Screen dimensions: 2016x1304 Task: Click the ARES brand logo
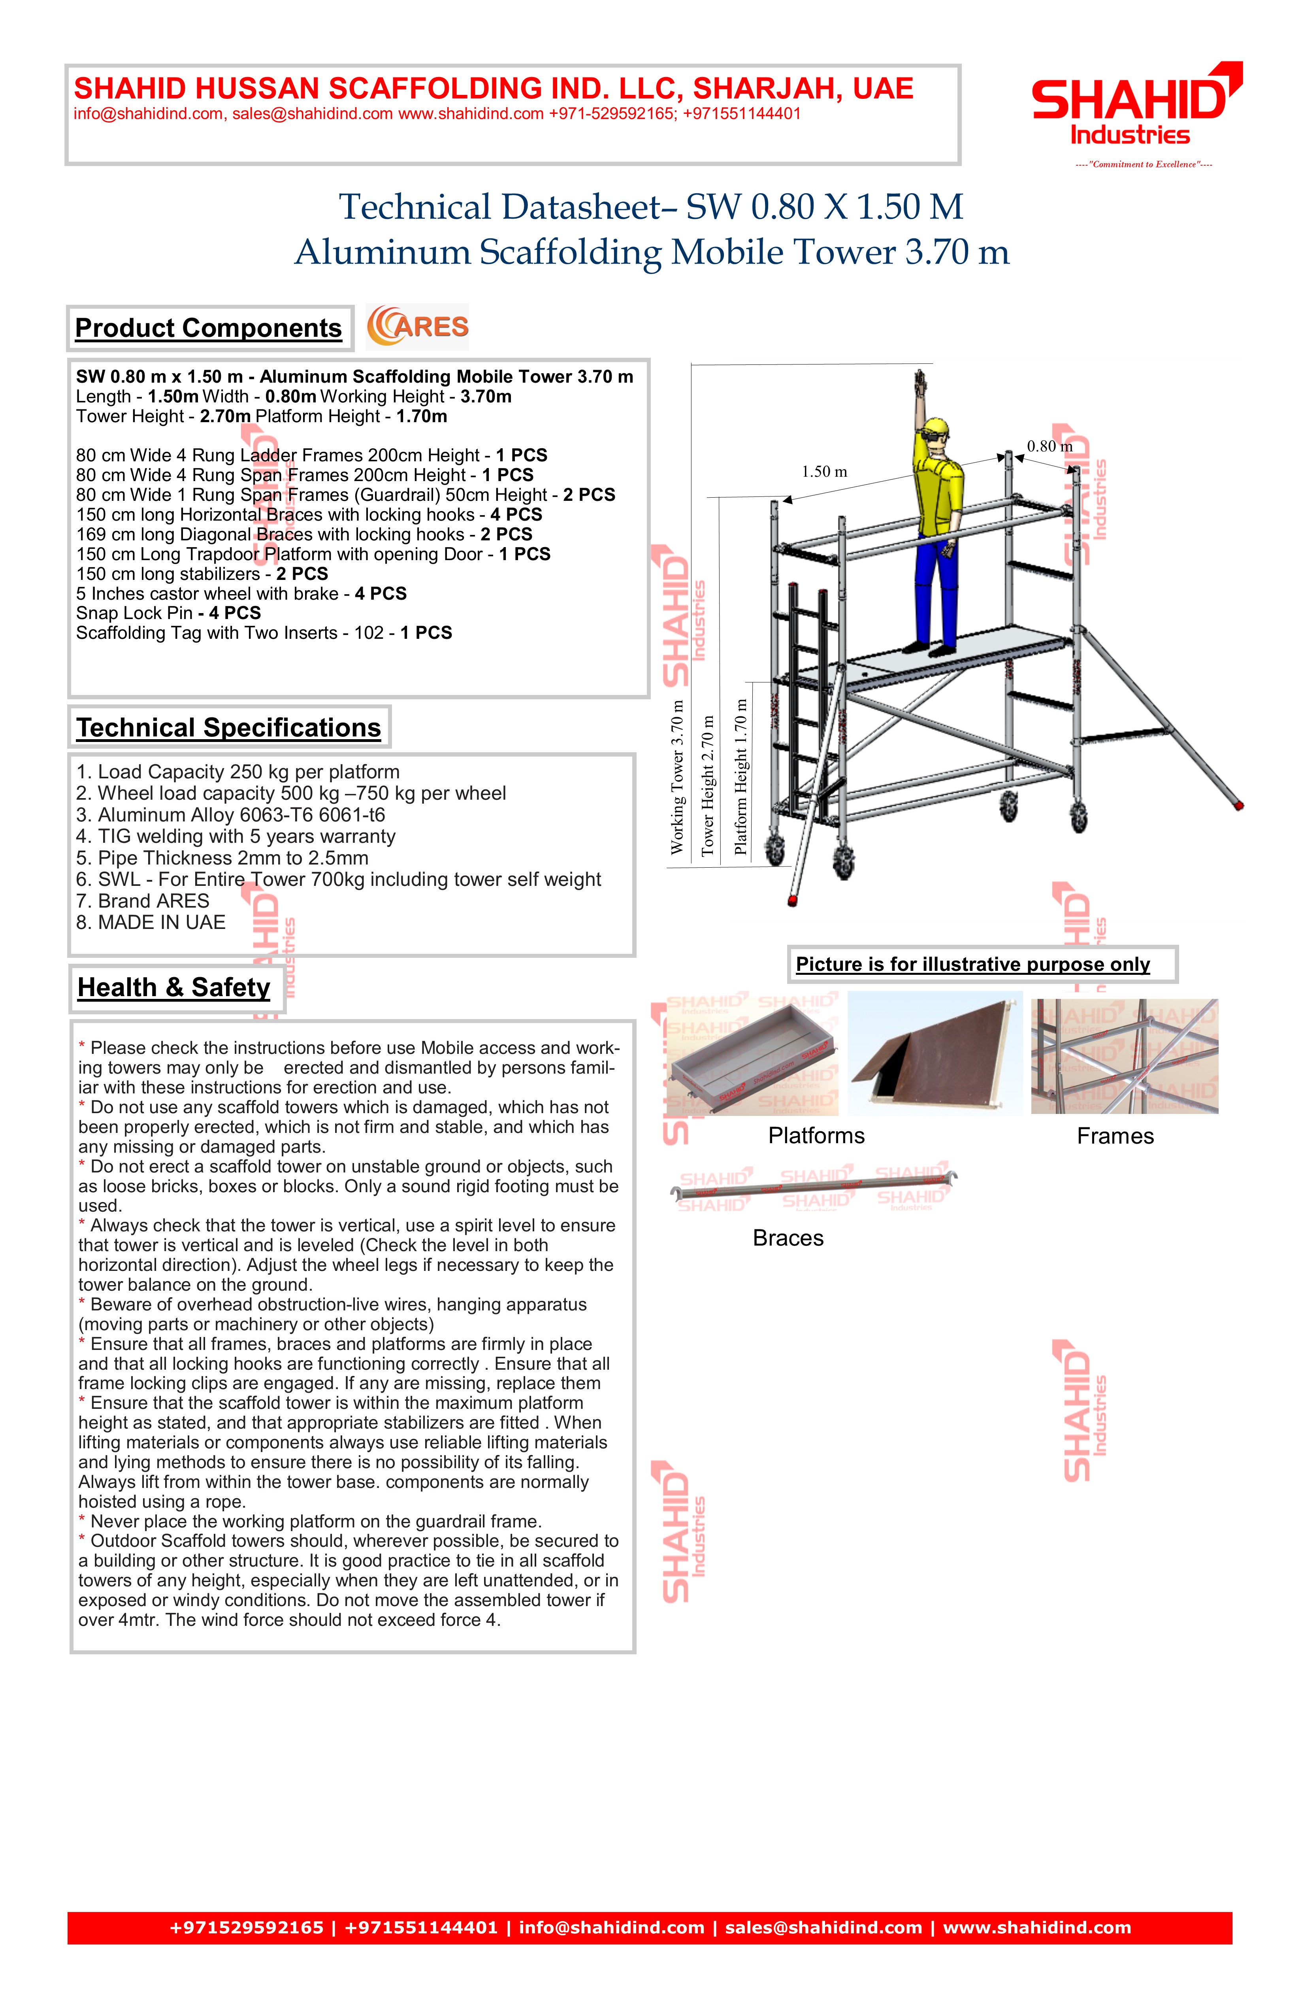pos(417,327)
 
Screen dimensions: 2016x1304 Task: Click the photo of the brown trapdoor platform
pos(935,1057)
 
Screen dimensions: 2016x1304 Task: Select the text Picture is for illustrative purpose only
pos(973,965)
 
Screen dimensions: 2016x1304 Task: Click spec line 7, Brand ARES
pos(142,901)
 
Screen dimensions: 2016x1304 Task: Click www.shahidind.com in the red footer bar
pos(1037,1928)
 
